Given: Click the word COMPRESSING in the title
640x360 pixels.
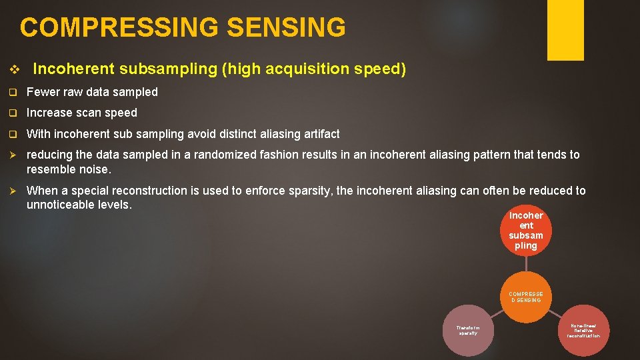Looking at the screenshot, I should [119, 28].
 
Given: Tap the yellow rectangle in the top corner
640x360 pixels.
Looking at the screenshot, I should [565, 29].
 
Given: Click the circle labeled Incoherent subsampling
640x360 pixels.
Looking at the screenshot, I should [526, 230].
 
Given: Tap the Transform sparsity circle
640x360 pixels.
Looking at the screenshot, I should [467, 330].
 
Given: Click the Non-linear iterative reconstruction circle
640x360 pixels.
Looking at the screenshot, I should [583, 330].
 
